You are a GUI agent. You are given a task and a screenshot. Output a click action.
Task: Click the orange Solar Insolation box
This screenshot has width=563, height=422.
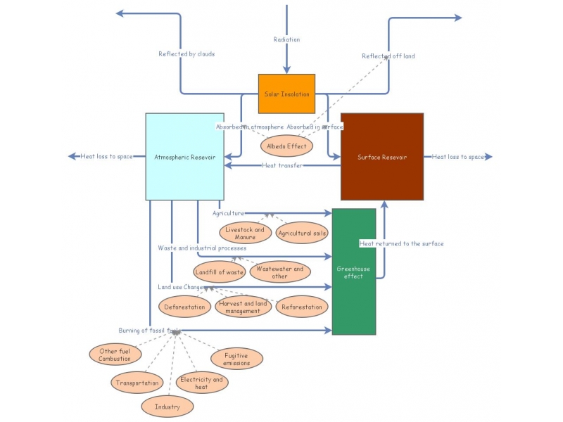286,94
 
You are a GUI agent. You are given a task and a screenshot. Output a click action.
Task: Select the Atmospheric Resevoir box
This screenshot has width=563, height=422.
184,156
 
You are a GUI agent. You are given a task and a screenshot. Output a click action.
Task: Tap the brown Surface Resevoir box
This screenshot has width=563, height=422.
382,156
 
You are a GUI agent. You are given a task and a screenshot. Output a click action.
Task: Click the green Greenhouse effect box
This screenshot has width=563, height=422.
353,271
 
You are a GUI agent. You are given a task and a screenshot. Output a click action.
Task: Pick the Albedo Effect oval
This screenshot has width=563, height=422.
286,146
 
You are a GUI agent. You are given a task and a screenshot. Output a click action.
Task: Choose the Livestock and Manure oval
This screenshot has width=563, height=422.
245,233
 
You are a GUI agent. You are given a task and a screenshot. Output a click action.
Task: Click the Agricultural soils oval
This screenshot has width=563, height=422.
302,233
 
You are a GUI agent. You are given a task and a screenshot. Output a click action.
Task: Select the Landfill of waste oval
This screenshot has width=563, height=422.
219,271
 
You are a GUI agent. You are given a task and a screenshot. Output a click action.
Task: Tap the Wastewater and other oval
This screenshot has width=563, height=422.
279,272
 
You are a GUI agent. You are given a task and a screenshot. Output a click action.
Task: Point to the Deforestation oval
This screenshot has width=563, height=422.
185,307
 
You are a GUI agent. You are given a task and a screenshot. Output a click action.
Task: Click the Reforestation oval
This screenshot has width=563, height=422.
301,307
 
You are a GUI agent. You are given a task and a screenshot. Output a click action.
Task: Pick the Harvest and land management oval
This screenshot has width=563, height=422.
243,307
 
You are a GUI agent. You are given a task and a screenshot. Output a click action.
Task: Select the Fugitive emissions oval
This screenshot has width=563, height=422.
236,359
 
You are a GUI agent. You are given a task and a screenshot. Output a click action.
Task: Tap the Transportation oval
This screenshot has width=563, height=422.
137,383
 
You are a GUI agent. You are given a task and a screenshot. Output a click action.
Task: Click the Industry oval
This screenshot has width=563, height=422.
167,407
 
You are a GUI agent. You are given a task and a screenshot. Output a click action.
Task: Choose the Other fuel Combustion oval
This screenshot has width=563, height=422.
115,354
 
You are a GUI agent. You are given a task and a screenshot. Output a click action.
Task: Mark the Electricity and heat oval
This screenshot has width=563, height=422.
201,383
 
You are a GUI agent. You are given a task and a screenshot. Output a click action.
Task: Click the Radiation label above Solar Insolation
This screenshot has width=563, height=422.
286,39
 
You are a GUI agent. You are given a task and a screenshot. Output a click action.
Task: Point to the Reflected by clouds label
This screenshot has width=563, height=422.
186,53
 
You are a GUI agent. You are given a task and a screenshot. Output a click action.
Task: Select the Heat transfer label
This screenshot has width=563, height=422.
282,165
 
